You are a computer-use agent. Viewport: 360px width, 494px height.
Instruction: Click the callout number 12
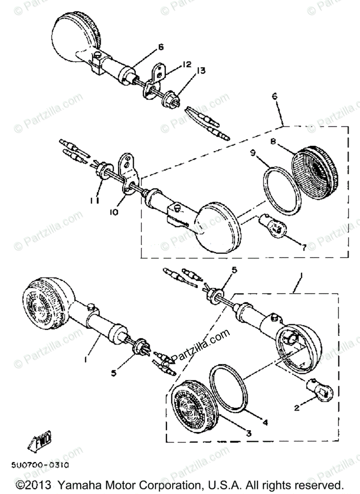(187, 64)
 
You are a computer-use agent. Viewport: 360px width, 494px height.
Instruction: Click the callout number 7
(304, 247)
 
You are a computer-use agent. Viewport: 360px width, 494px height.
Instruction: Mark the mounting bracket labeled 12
(156, 80)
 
